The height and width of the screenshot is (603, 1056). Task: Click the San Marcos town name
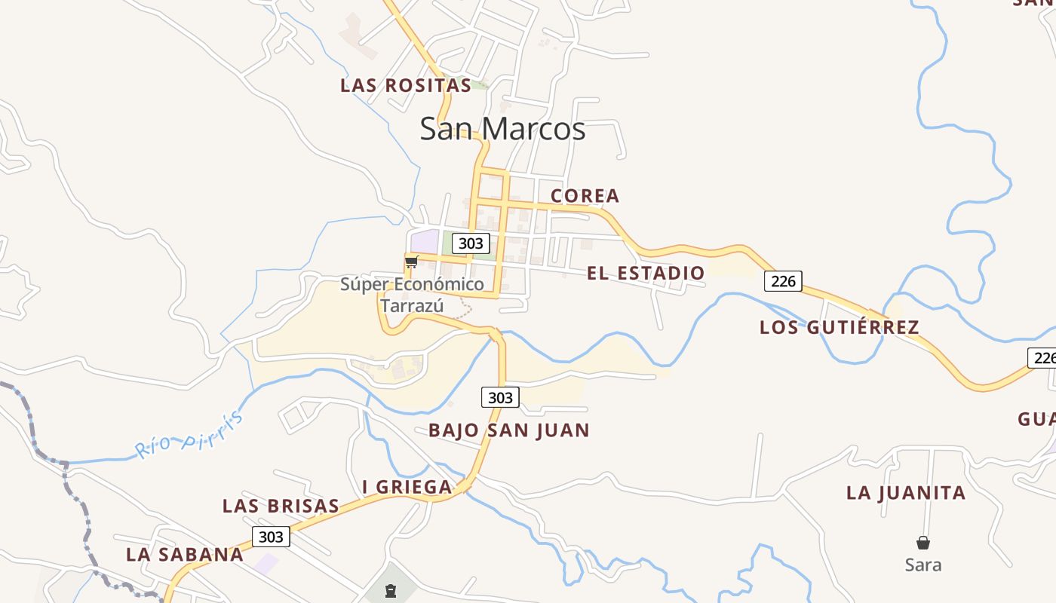pos(502,129)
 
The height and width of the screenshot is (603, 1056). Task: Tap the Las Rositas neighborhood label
pos(406,85)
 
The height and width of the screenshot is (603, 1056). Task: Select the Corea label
pos(585,196)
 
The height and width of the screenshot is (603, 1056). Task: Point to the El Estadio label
pos(646,273)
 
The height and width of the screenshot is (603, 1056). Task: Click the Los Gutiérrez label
pos(840,327)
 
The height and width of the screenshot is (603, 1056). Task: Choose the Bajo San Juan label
pos(509,430)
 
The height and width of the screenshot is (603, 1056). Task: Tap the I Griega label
pos(407,487)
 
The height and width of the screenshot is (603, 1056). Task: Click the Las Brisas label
pos(281,506)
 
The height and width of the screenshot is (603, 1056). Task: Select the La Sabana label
pos(185,555)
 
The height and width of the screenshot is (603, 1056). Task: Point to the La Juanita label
pos(906,493)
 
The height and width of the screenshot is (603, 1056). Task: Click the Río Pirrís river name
pos(190,435)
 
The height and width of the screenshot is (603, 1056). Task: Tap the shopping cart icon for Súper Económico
pos(411,262)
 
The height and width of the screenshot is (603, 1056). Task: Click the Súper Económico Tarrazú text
pos(412,295)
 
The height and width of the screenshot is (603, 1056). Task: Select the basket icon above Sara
pos(923,543)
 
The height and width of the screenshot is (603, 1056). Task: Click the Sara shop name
pos(923,565)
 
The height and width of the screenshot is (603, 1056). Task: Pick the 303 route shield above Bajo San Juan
pos(500,397)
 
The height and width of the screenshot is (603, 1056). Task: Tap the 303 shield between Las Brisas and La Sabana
pos(270,537)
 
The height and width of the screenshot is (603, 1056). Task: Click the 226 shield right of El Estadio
pos(783,281)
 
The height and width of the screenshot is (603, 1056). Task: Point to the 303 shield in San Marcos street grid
pos(471,243)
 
